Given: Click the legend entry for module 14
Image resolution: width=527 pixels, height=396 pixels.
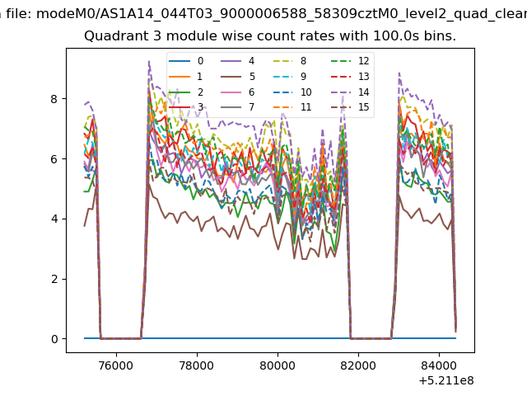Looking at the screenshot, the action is coord(350,92).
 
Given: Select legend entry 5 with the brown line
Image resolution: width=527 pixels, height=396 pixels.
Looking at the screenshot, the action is coord(238,77).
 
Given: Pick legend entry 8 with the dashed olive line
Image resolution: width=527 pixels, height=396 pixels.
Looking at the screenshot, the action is coord(289,61).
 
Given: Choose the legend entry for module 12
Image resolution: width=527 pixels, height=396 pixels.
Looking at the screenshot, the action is coord(350,61).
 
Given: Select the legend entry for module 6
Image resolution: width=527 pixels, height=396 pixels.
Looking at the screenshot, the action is coord(238,92).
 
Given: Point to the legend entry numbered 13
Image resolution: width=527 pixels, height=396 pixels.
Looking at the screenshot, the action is coord(350,77).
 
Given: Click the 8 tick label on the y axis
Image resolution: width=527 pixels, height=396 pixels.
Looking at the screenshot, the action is coord(54,99).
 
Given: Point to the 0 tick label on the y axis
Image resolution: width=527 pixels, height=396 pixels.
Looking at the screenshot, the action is coord(54,339).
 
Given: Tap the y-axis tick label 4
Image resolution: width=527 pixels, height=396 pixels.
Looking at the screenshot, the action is coord(54,219).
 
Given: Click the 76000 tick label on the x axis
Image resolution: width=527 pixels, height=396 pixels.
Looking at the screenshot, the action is coord(116,365).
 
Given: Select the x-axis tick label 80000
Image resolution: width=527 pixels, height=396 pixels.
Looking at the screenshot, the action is coord(277,365).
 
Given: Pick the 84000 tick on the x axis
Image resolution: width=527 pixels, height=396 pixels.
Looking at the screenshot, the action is coord(439,365).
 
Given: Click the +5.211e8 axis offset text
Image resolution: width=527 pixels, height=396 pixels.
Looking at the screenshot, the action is coord(446,380).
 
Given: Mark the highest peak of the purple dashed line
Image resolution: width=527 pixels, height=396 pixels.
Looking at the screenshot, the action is coord(149,62).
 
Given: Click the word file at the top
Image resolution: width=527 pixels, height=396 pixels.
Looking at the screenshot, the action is coord(20,14).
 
